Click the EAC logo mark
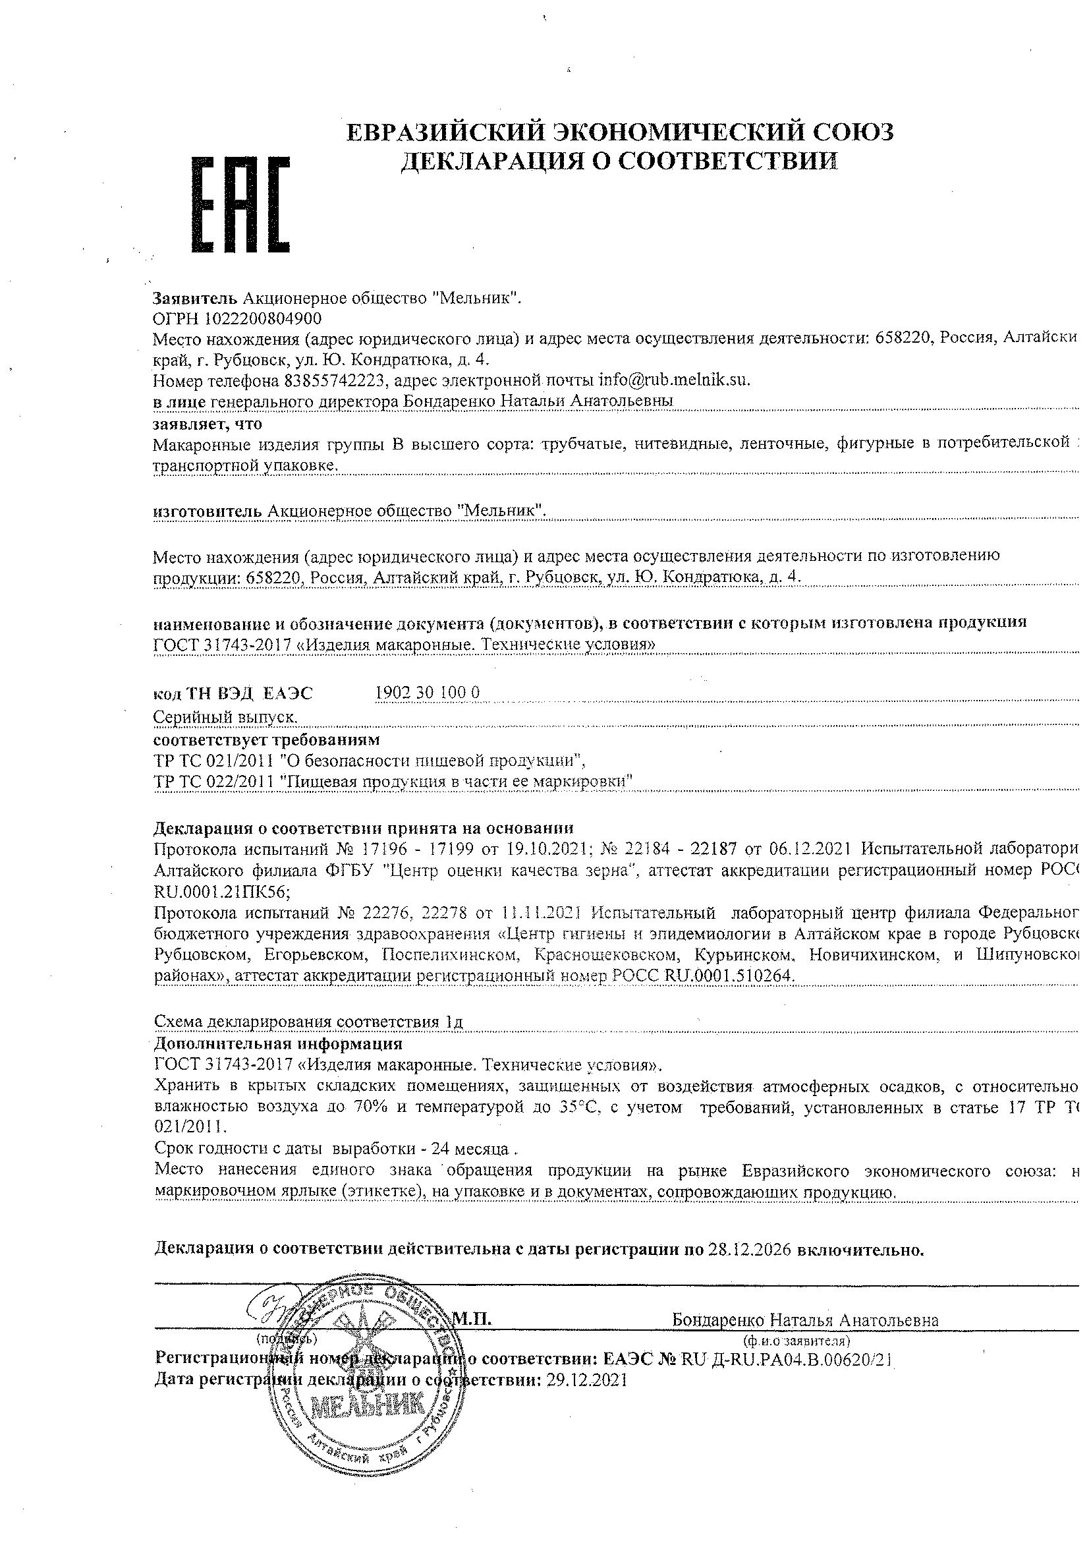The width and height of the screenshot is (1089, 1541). click(241, 205)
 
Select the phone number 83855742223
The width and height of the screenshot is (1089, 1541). click(333, 380)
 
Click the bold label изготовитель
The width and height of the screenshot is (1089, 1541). click(208, 511)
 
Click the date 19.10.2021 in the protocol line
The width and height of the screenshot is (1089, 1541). click(540, 849)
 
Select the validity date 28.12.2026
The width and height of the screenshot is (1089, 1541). click(749, 1250)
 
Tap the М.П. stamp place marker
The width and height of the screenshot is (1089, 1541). click(472, 1319)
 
